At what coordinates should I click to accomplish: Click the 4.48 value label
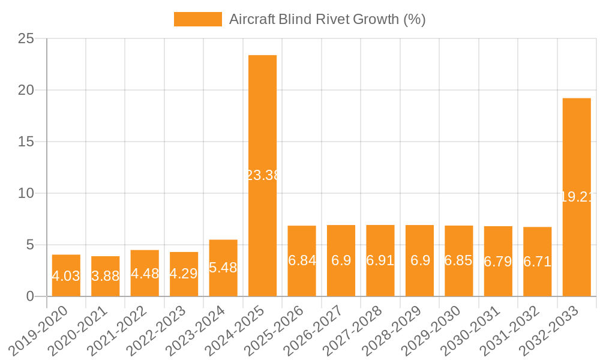point(145,274)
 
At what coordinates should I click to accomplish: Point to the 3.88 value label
point(106,276)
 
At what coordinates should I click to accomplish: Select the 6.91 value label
point(380,260)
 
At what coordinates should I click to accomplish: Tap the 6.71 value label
point(538,262)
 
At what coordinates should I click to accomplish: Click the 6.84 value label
point(302,260)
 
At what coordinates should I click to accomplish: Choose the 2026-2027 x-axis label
point(319,330)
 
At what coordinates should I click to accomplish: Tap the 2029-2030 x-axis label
point(437,330)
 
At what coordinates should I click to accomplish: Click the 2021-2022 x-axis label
point(123,330)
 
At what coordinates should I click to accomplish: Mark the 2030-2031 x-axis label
point(476,330)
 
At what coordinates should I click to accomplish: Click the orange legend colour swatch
point(197,19)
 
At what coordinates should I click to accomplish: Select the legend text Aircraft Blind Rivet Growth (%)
point(327,19)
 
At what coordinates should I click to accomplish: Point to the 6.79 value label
point(498,261)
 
